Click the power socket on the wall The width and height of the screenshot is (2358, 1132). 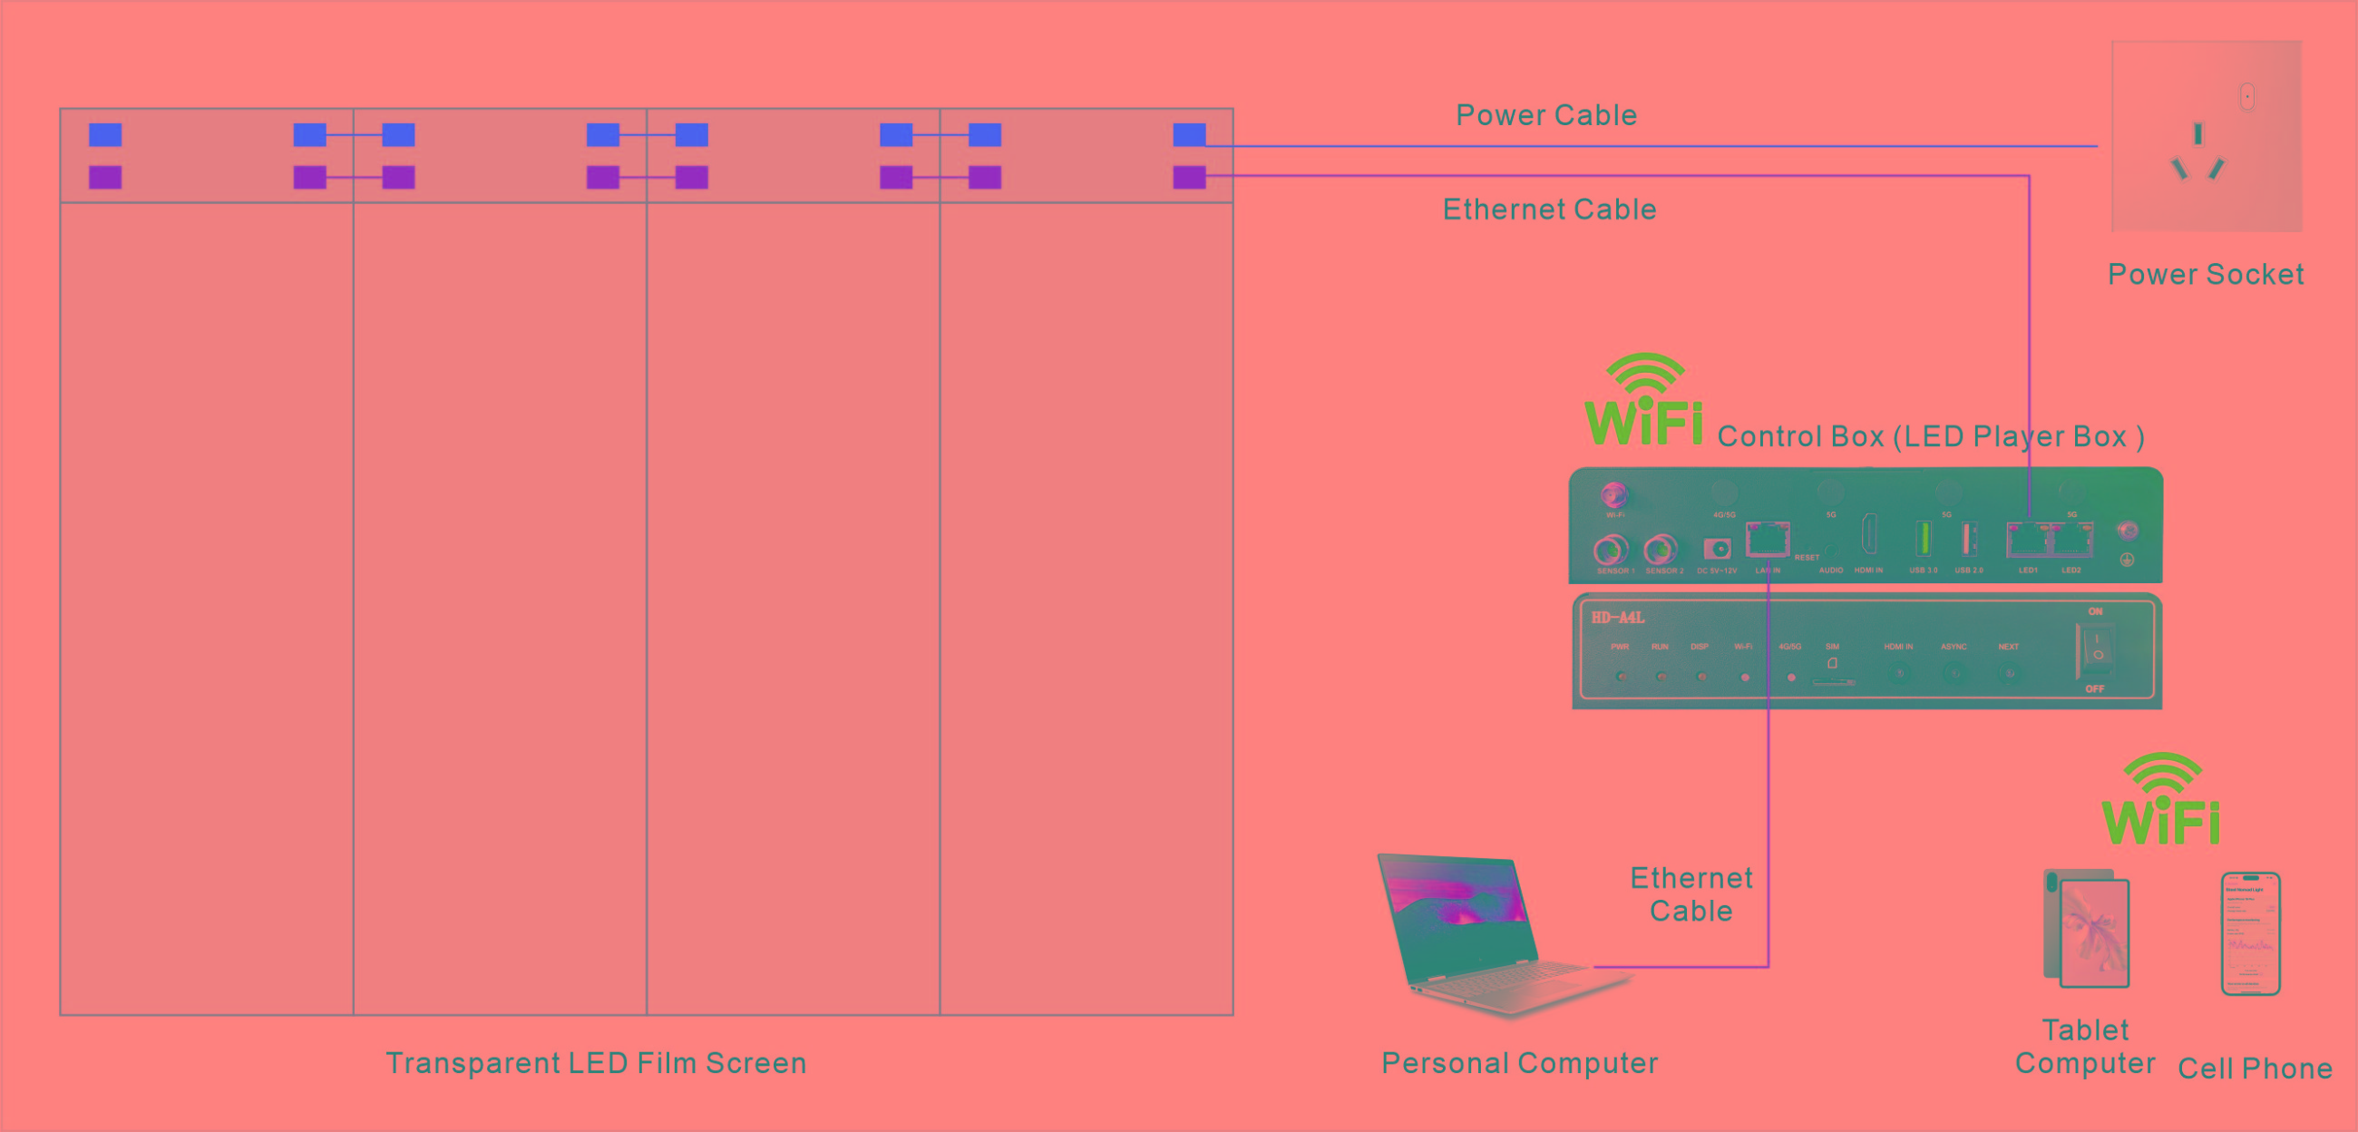(x=2206, y=135)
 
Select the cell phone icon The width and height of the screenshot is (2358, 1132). (x=2251, y=934)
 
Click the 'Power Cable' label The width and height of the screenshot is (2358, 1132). (x=1546, y=115)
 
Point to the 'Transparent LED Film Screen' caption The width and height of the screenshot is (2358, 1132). (x=596, y=1063)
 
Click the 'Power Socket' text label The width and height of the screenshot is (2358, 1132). (x=2205, y=275)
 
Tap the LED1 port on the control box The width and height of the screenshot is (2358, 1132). (x=2028, y=541)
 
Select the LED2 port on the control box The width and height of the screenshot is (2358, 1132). (x=2071, y=541)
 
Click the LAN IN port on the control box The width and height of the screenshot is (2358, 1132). (x=1768, y=541)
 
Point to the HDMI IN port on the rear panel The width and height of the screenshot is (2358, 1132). (x=1868, y=536)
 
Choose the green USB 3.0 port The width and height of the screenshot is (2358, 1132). (x=1924, y=539)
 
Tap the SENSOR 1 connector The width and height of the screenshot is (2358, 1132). (x=1611, y=551)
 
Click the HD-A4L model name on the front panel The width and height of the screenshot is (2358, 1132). (x=1617, y=619)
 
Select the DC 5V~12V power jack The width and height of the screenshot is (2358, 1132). (x=1716, y=550)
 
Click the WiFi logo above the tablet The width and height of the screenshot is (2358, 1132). (x=2161, y=801)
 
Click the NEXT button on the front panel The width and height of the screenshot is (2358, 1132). (x=2009, y=674)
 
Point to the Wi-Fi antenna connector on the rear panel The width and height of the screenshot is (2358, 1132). (x=1613, y=495)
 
